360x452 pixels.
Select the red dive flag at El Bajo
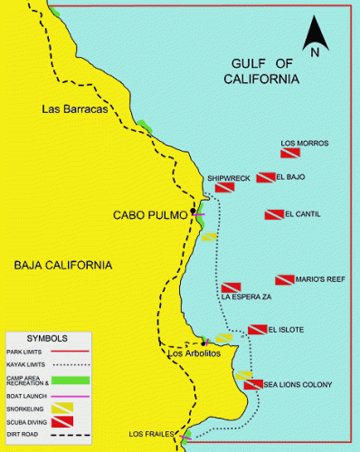pos(266,177)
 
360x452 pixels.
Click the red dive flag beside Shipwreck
pos(224,187)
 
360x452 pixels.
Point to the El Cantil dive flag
pos(273,215)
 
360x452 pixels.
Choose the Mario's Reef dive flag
pos(285,280)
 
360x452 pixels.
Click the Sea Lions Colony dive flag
pos(253,384)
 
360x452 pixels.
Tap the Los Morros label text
pos(304,144)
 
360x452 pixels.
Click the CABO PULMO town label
pos(149,215)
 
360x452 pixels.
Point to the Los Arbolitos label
pos(195,353)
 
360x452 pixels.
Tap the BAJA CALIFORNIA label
pos(63,266)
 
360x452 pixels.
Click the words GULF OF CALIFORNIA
pos(263,71)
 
